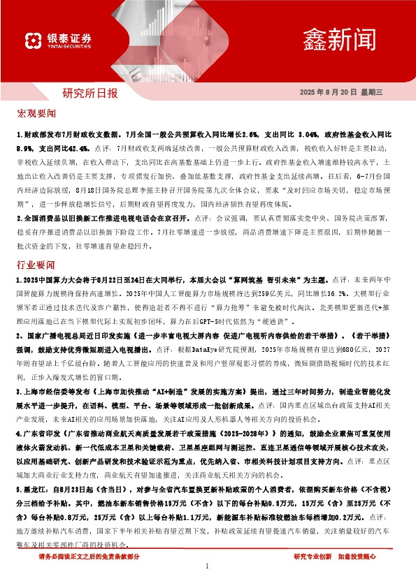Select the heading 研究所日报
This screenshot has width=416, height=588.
(x=91, y=92)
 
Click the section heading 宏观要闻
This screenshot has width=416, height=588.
(x=36, y=112)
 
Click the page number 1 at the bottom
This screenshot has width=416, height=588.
(x=208, y=566)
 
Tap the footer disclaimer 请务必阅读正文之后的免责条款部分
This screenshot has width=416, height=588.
(x=89, y=557)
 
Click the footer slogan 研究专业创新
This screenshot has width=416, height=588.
(x=313, y=557)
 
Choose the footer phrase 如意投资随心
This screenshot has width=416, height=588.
(x=357, y=557)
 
